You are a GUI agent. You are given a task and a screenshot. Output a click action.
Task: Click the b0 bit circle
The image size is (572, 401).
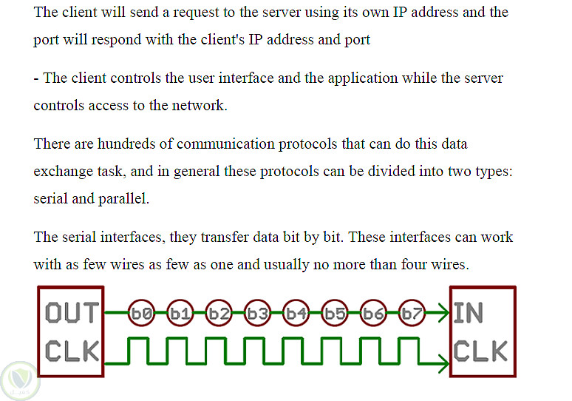tap(142, 313)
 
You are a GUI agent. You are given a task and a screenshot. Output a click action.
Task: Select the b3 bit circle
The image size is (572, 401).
tap(257, 313)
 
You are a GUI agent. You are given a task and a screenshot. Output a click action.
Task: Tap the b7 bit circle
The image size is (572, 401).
tap(412, 313)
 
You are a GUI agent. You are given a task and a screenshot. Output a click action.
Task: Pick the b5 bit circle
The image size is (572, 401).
tap(335, 313)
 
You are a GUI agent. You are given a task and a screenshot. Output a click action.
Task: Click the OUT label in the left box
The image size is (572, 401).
tap(72, 313)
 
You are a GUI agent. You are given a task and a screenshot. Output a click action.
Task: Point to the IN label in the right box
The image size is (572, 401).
tap(468, 313)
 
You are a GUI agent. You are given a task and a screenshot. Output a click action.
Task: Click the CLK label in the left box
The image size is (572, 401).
tap(72, 351)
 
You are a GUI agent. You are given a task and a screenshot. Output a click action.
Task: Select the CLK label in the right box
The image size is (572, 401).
tap(480, 351)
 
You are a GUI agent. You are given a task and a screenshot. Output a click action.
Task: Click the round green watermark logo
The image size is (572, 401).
tap(20, 381)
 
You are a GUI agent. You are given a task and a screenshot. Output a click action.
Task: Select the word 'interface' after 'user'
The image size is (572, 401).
tap(246, 78)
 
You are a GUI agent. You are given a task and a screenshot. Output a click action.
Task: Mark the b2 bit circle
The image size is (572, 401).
tap(219, 313)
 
